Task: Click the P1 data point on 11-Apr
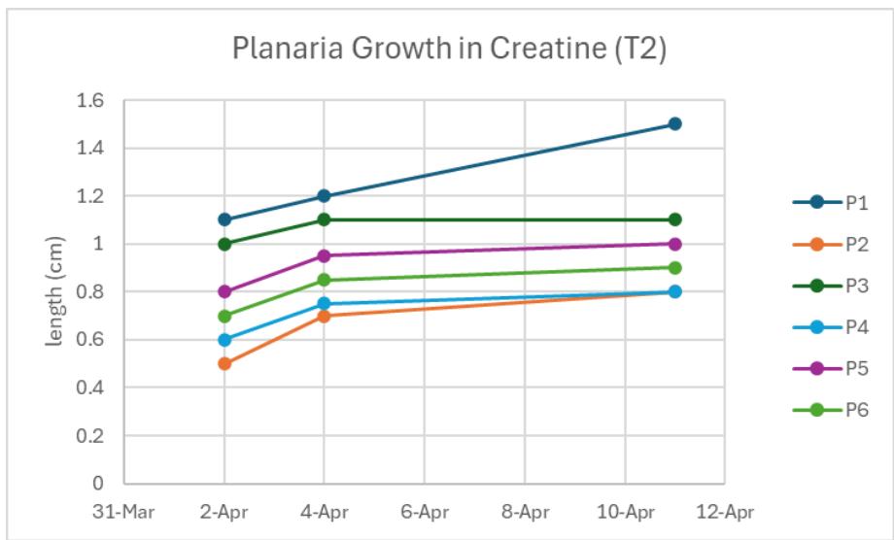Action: click(x=674, y=124)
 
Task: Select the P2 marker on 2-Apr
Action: click(x=224, y=363)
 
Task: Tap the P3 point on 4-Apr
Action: click(x=324, y=219)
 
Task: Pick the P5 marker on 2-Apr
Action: click(x=224, y=291)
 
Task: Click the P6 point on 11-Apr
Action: click(x=674, y=267)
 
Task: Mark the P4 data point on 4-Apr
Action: click(x=324, y=304)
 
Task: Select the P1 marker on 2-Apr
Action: click(x=224, y=219)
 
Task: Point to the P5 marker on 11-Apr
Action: click(x=674, y=244)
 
